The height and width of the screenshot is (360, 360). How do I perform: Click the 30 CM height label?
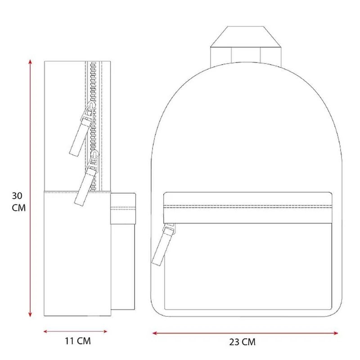pos(18,202)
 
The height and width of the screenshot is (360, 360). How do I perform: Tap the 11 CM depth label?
pos(77,341)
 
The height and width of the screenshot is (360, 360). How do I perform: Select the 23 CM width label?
pos(242,342)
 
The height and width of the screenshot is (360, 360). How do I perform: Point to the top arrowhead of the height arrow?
pos(30,62)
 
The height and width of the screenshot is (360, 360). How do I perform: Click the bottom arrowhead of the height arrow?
pos(30,315)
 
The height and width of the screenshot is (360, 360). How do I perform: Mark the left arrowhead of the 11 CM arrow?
pos(45,331)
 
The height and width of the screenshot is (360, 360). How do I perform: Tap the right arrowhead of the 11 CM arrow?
pos(105,331)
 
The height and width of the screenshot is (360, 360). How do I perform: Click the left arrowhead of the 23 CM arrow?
pos(155,333)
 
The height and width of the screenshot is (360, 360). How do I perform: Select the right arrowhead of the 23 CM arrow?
pos(335,333)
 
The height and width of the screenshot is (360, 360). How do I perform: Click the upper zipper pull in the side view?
pos(79,137)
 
